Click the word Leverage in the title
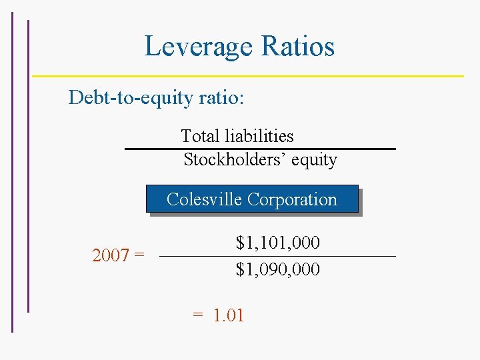tap(199, 47)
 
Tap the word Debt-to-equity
tap(131, 98)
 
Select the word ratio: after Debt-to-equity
tap(221, 98)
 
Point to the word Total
tap(200, 136)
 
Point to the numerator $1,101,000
tap(277, 243)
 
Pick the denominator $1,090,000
tap(277, 269)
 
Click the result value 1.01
tap(229, 315)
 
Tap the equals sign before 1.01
tap(197, 315)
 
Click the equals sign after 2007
tap(139, 255)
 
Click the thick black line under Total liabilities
tap(260, 149)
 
